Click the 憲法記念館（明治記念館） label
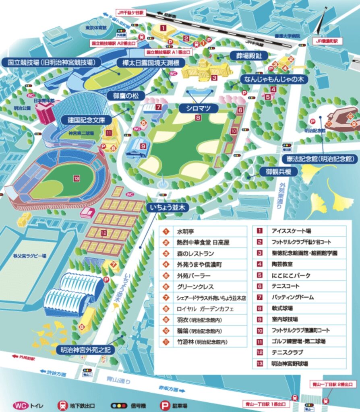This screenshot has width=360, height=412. [x=320, y=159]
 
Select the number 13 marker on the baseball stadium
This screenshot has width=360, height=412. [x=76, y=177]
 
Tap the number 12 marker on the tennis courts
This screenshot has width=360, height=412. [x=103, y=233]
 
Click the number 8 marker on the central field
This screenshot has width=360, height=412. [x=198, y=118]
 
